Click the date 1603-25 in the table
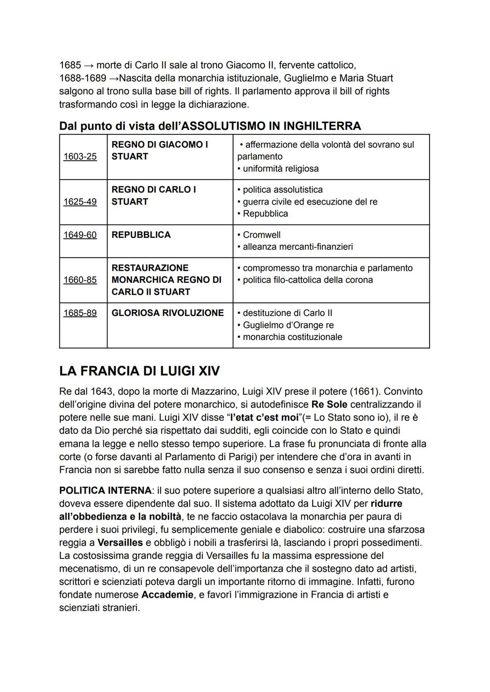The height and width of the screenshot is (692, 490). click(80, 157)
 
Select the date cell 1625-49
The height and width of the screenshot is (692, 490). click(80, 202)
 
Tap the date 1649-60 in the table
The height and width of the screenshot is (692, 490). click(80, 235)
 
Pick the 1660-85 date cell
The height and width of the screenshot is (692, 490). click(80, 280)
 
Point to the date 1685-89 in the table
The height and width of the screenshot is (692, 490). click(80, 313)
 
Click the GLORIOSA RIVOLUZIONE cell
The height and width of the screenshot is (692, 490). click(167, 313)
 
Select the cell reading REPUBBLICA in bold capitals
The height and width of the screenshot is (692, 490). click(141, 235)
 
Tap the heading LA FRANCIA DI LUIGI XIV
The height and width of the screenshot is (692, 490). click(139, 371)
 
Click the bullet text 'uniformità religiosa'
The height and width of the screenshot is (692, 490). click(280, 169)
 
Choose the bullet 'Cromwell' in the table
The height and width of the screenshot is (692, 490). click(261, 235)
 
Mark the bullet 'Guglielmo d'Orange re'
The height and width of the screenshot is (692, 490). click(288, 325)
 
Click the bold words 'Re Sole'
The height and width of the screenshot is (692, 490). click(329, 404)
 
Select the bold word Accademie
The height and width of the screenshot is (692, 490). click(167, 595)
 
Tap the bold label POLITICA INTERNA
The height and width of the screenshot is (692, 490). click(105, 491)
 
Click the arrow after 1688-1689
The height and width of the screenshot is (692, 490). click(114, 79)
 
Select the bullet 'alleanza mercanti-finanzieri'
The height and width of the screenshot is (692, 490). click(298, 247)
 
